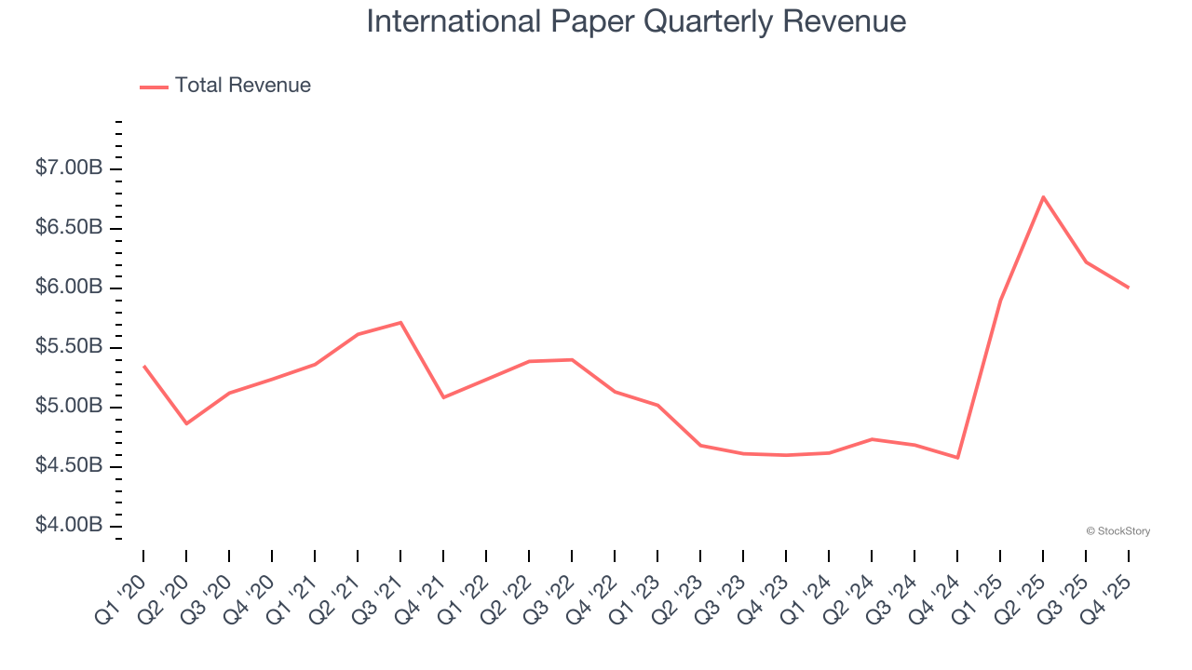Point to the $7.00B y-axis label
point(69,168)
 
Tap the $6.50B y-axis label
point(69,228)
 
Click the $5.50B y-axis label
point(69,347)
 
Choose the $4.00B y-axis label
point(69,526)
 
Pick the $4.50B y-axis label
point(69,466)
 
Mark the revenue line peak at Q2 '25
point(1043,196)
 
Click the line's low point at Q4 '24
point(957,458)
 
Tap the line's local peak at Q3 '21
point(400,323)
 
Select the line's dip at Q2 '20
point(186,423)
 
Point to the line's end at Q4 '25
point(1129,288)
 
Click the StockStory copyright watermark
point(1117,531)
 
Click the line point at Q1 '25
point(1000,300)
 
